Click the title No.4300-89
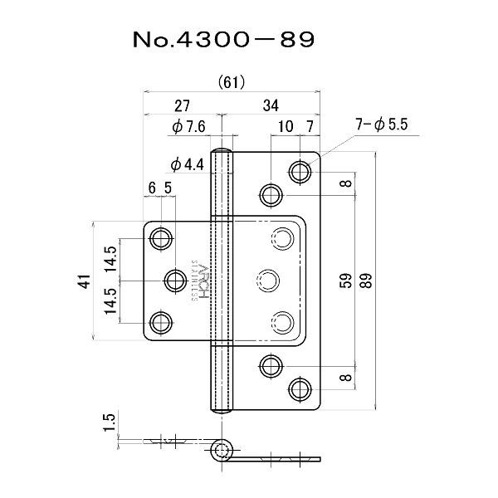click(x=223, y=39)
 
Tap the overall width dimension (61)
click(x=232, y=82)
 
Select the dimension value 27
click(x=182, y=105)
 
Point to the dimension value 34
click(x=271, y=105)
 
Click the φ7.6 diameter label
click(x=188, y=127)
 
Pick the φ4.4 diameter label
click(x=187, y=165)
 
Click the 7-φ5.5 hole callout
click(x=382, y=124)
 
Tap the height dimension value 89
click(x=366, y=281)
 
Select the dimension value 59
click(x=346, y=281)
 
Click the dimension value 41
click(x=85, y=281)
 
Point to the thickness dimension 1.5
click(x=109, y=422)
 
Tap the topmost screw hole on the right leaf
click(x=300, y=172)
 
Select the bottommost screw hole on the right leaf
click(x=300, y=389)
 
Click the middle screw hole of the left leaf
click(x=176, y=281)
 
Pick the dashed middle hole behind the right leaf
click(x=268, y=281)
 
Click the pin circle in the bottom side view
click(x=222, y=450)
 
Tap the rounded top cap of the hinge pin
click(x=222, y=150)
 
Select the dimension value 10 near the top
click(x=286, y=126)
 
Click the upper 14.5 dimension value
click(x=111, y=259)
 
